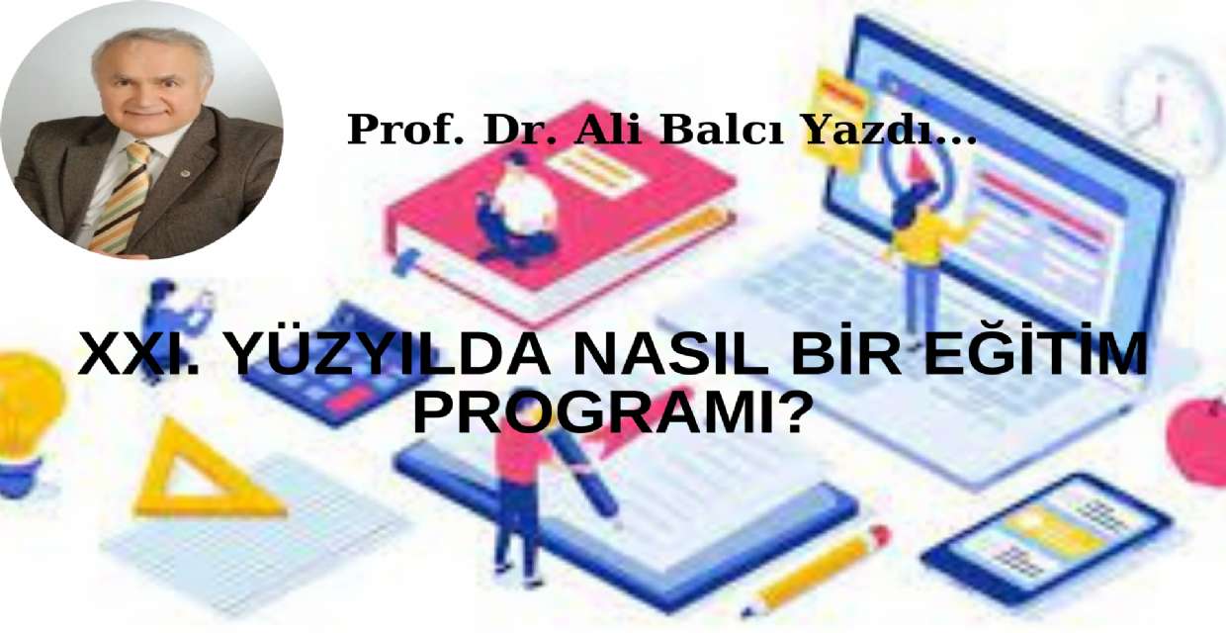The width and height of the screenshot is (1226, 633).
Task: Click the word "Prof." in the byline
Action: (405, 130)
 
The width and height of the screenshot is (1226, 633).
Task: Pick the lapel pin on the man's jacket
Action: (186, 174)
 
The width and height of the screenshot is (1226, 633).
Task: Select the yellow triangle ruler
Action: (207, 472)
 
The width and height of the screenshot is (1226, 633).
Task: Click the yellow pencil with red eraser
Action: (815, 569)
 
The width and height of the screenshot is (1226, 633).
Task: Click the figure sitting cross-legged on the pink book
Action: (516, 211)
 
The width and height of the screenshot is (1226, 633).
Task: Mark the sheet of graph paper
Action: (257, 535)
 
